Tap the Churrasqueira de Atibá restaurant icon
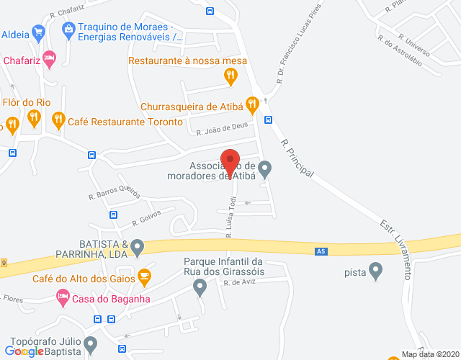(251, 106)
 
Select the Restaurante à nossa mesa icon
(230, 76)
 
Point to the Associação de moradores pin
(265, 169)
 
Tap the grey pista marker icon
(375, 271)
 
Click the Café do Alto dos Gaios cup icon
(145, 275)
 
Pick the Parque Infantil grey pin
(200, 288)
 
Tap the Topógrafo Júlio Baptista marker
(90, 344)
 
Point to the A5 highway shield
(321, 251)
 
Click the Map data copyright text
(429, 354)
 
